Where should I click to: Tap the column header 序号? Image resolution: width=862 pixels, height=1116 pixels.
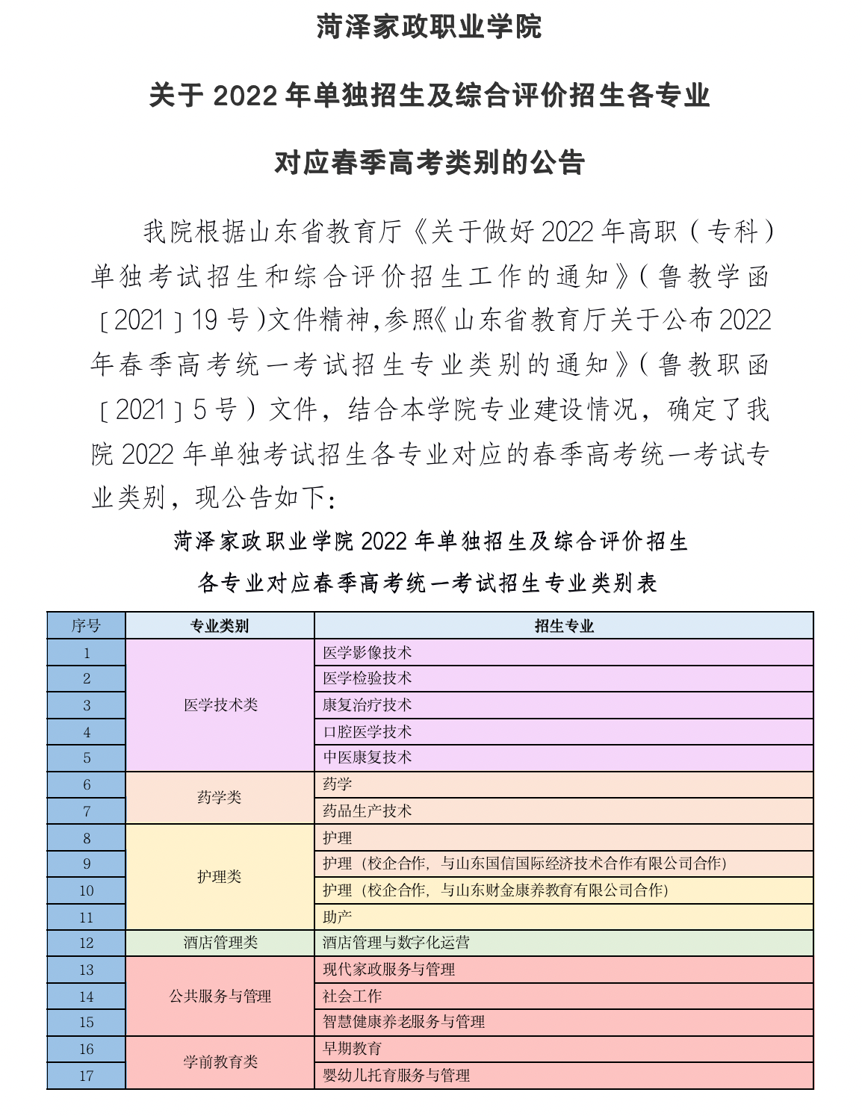point(86,626)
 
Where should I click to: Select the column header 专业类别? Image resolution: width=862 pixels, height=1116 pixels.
point(220,626)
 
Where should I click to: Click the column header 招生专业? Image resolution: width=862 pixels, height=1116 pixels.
point(563,626)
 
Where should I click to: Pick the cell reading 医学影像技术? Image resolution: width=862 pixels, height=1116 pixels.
point(367,652)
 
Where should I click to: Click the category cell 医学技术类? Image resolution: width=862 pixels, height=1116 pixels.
point(220,704)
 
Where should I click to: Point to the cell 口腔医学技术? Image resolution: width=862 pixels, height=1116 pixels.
point(367,731)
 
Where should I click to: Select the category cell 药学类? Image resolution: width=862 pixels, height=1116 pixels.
point(220,797)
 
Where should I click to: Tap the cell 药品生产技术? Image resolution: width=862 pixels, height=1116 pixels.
point(367,810)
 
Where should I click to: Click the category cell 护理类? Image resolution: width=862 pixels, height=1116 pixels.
point(220,876)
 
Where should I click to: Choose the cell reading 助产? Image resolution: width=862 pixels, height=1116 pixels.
point(337,917)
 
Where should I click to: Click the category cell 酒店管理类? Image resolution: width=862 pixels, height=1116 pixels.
point(220,943)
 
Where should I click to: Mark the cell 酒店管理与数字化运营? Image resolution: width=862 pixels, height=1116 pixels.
point(396,943)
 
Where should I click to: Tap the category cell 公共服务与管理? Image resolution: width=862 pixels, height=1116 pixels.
point(220,996)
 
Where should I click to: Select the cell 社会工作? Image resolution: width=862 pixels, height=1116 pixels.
point(352,996)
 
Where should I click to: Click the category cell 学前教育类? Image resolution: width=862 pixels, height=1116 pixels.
point(220,1061)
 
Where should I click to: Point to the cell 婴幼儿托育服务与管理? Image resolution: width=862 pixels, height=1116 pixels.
point(396,1075)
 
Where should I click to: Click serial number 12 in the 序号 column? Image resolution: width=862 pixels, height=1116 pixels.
point(86,943)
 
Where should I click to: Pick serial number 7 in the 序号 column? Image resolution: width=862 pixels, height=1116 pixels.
point(87,811)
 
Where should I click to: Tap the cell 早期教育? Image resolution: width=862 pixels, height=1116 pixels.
point(352,1048)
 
